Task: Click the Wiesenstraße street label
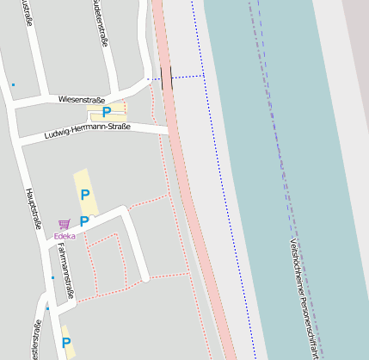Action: point(80,100)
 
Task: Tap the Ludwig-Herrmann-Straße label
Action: point(86,133)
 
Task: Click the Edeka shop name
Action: point(65,235)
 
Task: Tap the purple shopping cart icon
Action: point(65,224)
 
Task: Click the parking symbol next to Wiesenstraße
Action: point(107,112)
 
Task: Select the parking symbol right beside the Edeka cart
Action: point(84,221)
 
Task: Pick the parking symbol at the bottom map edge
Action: point(66,343)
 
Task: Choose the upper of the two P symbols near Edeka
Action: point(84,195)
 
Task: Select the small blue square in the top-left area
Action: point(13,84)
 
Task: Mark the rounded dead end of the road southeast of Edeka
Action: point(146,278)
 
